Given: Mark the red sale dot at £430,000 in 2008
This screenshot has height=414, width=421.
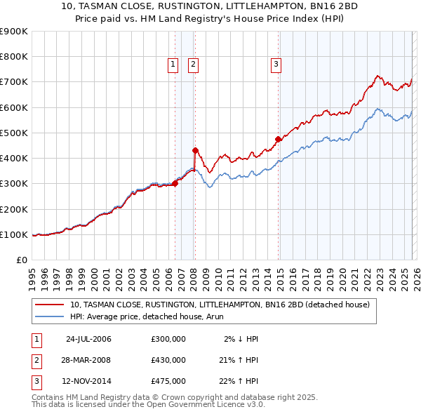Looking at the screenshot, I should pyautogui.click(x=196, y=149).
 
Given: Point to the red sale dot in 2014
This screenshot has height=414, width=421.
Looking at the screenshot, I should pyautogui.click(x=279, y=139).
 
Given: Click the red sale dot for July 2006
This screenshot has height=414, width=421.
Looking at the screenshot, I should pyautogui.click(x=175, y=184).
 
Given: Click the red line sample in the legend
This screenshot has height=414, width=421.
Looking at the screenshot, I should pyautogui.click(x=51, y=305).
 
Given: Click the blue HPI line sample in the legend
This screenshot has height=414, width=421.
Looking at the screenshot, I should pyautogui.click(x=51, y=317).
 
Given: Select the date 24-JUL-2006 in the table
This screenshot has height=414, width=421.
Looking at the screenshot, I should pyautogui.click(x=88, y=339).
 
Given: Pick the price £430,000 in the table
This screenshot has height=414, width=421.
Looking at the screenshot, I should pyautogui.click(x=168, y=360).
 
